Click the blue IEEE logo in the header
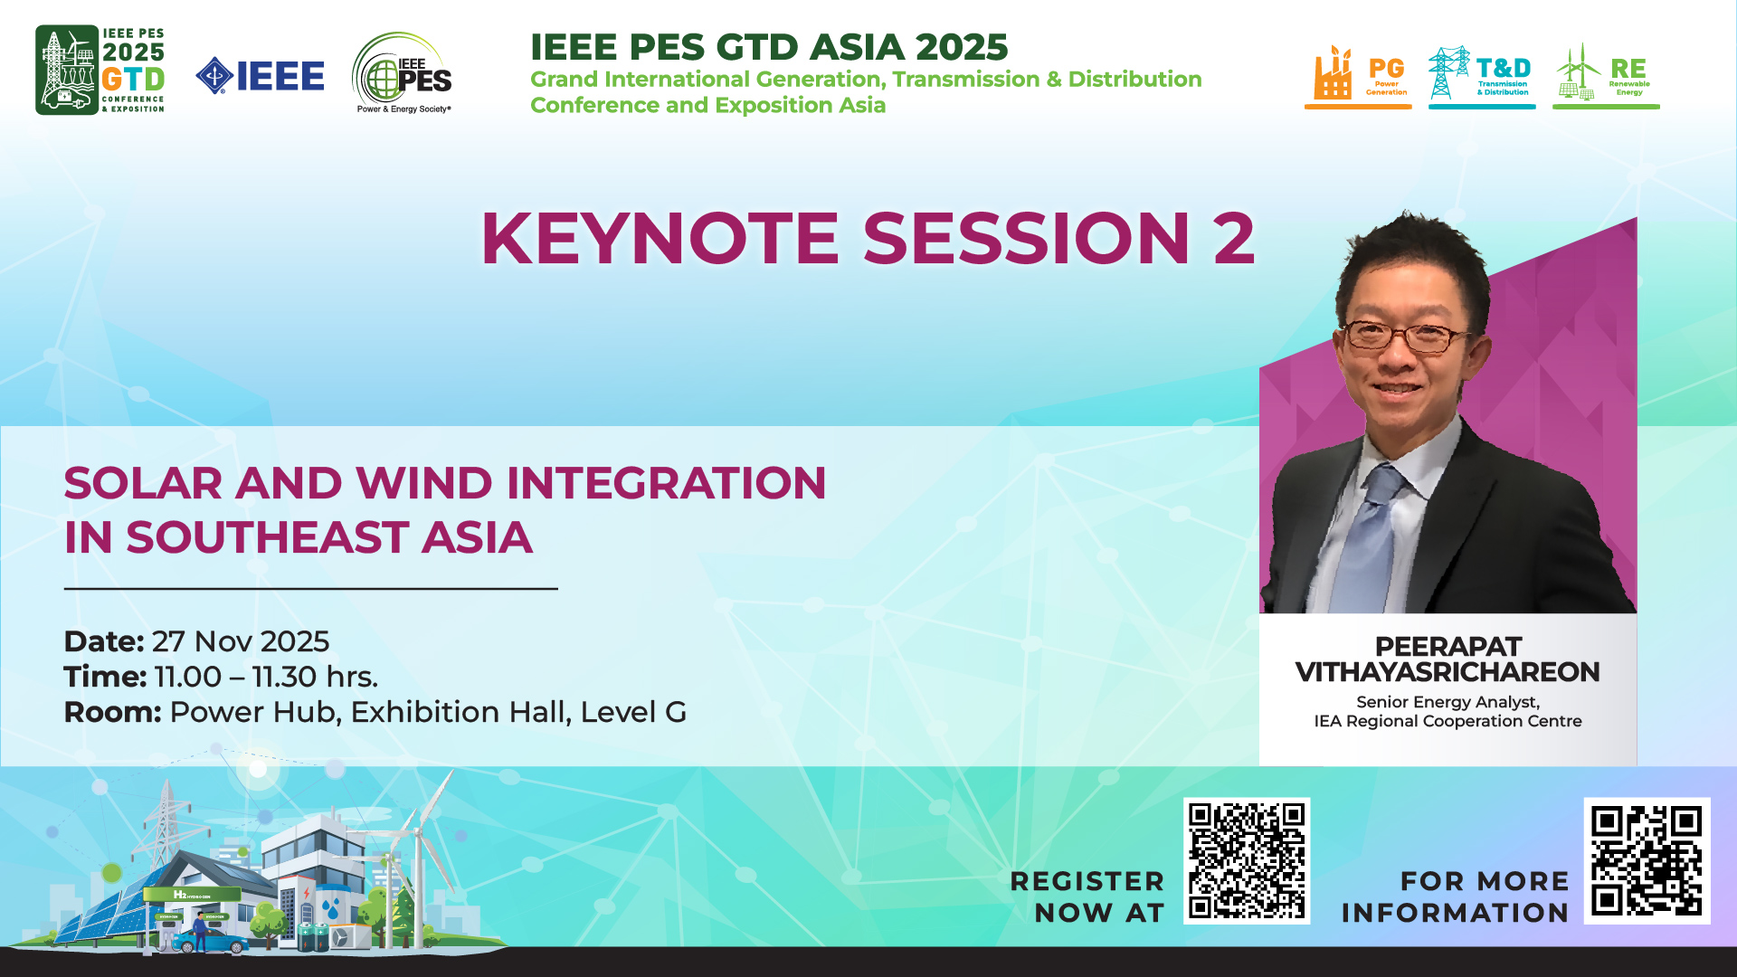point(260,76)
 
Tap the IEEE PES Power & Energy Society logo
point(403,73)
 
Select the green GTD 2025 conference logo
point(100,70)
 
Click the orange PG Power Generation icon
point(1358,76)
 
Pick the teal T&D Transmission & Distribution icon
point(1482,76)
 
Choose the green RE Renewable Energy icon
point(1606,76)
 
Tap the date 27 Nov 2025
point(241,641)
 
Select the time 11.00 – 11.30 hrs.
point(266,677)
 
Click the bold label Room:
point(113,712)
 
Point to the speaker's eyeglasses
point(1407,337)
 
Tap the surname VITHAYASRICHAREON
point(1447,672)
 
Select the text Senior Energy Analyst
point(1447,702)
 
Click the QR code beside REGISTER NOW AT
point(1247,860)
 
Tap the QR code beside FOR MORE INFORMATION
point(1647,860)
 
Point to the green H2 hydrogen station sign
point(192,896)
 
